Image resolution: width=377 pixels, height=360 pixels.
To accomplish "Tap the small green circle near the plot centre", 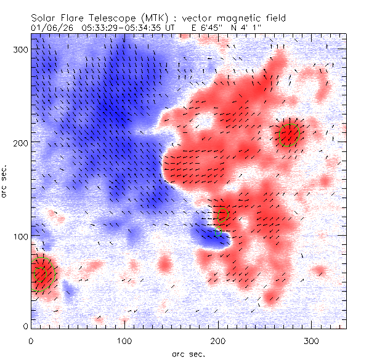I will click(223, 214).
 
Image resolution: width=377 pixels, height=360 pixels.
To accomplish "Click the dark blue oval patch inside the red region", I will click(209, 236).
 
